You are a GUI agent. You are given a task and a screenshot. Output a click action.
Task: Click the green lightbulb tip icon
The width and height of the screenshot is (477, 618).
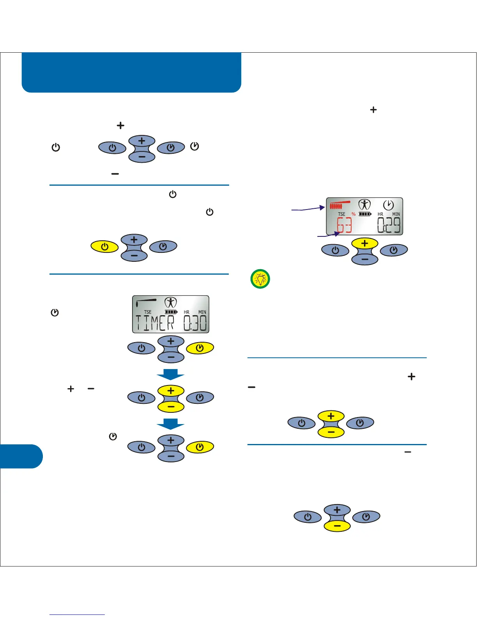(260, 279)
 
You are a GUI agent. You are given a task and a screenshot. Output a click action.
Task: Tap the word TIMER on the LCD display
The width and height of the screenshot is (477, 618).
(155, 323)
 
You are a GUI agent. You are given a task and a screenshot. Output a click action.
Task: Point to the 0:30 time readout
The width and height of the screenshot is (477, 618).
(195, 323)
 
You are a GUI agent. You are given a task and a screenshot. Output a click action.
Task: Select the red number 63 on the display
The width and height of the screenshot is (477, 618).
(344, 226)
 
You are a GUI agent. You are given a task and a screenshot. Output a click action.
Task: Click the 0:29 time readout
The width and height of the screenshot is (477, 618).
(389, 226)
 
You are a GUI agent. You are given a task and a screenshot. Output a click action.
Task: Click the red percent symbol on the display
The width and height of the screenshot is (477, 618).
(353, 214)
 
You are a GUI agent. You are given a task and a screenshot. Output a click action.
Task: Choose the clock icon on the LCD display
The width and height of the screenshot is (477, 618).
(388, 205)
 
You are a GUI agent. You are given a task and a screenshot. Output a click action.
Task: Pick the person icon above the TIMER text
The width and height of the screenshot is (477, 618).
(171, 303)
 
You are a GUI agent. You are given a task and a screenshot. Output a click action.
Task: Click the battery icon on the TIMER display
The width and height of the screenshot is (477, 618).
(171, 312)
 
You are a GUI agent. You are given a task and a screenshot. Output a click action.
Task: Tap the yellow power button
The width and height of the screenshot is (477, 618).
(104, 247)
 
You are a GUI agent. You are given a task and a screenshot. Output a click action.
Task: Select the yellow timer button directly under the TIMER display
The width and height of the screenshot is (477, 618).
(200, 348)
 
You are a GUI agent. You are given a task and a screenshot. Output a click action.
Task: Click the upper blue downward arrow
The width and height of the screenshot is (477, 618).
(171, 375)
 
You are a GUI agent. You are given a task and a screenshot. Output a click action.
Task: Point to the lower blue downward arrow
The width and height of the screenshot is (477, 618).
(171, 424)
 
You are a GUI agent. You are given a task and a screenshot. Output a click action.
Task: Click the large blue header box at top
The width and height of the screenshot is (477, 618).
(131, 72)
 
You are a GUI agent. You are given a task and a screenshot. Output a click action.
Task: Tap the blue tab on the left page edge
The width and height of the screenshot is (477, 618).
(21, 456)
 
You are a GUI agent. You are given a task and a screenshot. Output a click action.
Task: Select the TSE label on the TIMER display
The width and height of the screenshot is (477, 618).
(148, 312)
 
